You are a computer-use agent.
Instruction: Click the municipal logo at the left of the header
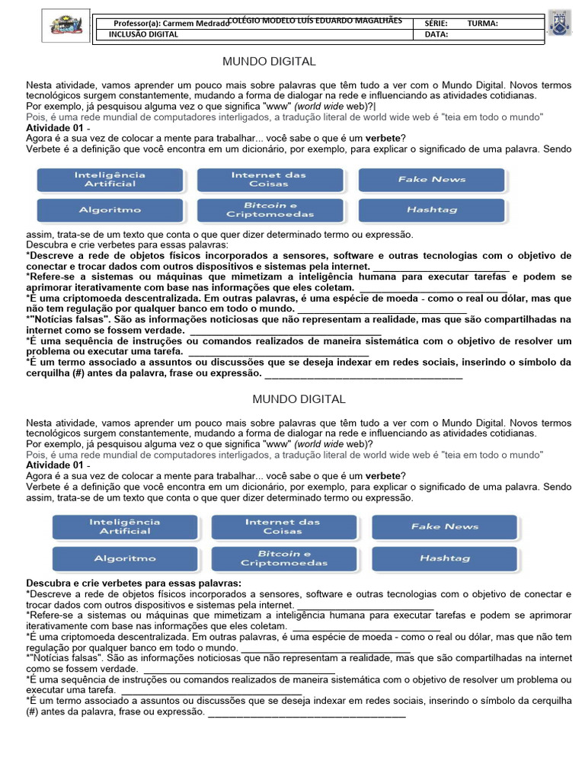66,26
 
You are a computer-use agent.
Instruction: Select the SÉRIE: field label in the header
436,24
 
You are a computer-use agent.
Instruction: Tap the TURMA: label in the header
482,24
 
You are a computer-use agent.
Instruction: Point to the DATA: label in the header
436,34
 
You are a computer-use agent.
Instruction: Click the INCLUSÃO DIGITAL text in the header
144,34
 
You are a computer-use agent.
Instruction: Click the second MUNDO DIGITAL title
299,399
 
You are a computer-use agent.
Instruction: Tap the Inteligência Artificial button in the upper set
110,179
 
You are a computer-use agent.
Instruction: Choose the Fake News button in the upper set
431,179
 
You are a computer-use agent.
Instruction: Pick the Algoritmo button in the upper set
110,209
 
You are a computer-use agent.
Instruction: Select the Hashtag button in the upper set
431,209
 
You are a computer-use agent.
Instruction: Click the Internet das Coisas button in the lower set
283,526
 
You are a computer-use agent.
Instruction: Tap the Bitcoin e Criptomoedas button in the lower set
283,558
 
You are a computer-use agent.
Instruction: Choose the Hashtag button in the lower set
444,558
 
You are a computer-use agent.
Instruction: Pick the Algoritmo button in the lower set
125,558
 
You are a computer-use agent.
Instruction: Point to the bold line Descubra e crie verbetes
133,583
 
